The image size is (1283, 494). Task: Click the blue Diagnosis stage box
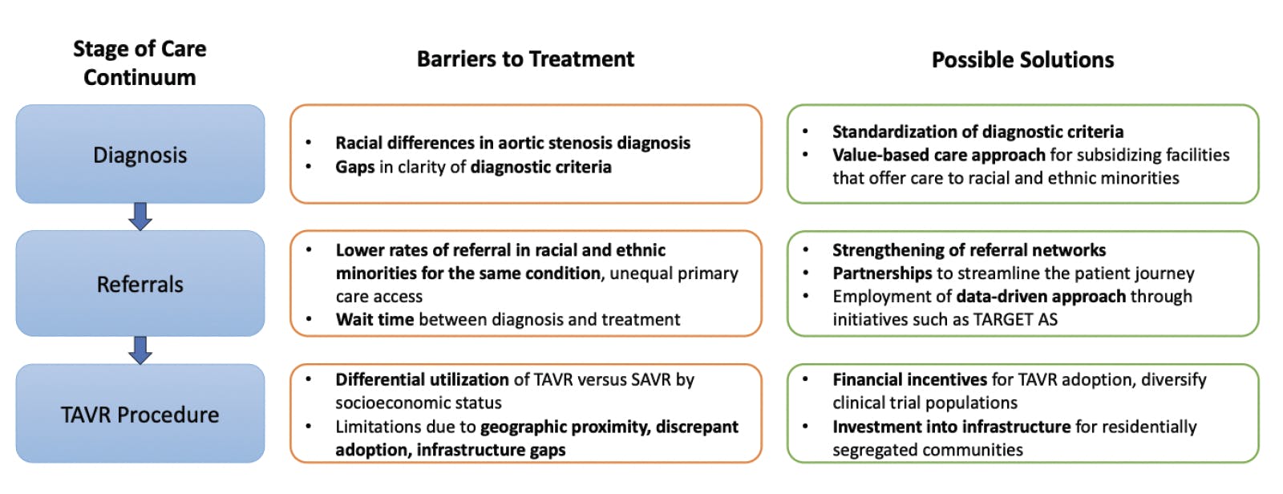coord(140,154)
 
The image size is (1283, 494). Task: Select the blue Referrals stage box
coord(140,284)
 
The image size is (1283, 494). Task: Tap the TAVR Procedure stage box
coord(140,414)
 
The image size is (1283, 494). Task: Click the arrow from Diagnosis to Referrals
coord(140,217)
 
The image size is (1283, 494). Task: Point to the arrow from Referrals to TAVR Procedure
coord(140,350)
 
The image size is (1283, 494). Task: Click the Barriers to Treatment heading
coord(525,59)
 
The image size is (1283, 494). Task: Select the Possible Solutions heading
coord(1022,60)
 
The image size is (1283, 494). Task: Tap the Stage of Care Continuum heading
coord(140,63)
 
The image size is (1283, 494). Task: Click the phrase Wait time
coord(374,320)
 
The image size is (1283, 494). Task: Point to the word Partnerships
coord(882,273)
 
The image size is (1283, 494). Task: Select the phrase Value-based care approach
coord(938,155)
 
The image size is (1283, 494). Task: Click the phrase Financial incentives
coord(909,380)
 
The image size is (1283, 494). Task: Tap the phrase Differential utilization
coord(422,380)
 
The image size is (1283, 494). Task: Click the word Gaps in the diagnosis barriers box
coord(354,167)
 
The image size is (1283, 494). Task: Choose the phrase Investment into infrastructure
coord(951,427)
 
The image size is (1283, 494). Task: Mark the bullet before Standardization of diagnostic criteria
coord(806,132)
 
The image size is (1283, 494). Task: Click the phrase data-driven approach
coord(1041,297)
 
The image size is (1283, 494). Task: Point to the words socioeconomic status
coord(418,403)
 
